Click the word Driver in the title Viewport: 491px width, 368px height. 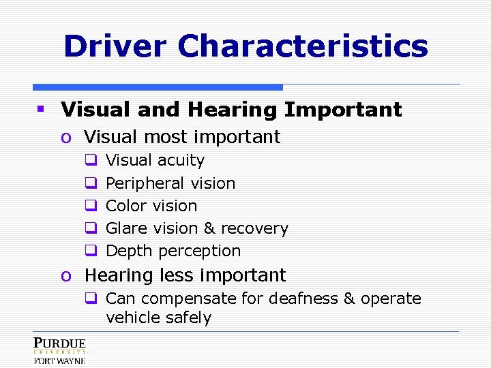click(x=115, y=47)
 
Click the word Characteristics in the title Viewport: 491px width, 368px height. click(x=303, y=47)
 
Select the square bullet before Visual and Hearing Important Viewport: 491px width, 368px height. click(x=41, y=109)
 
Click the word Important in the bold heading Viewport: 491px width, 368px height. click(x=343, y=109)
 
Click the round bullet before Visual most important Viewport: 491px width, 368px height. click(x=65, y=137)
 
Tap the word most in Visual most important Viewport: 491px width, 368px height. click(x=160, y=137)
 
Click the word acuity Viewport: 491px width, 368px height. click(x=181, y=161)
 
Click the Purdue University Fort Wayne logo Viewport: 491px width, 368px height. click(x=59, y=350)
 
